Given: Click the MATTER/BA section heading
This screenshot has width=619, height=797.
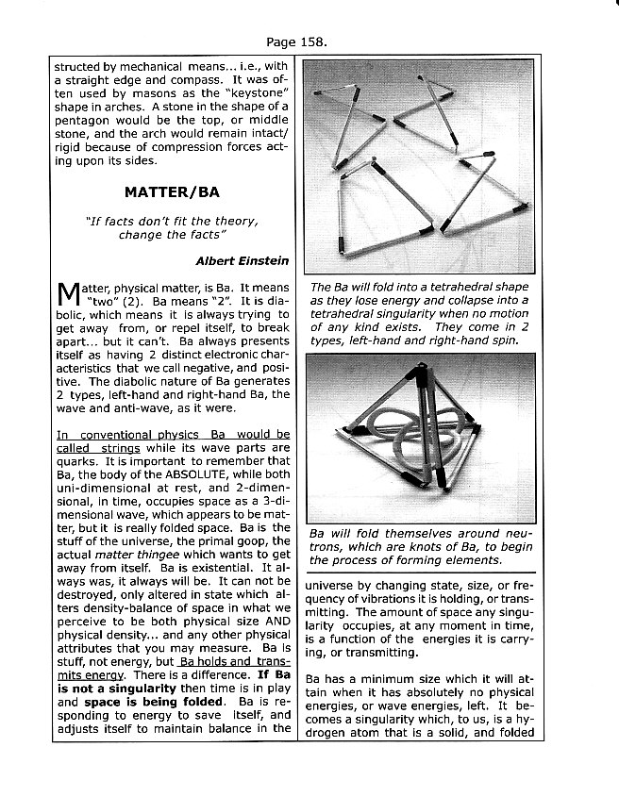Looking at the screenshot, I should pos(172,191).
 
